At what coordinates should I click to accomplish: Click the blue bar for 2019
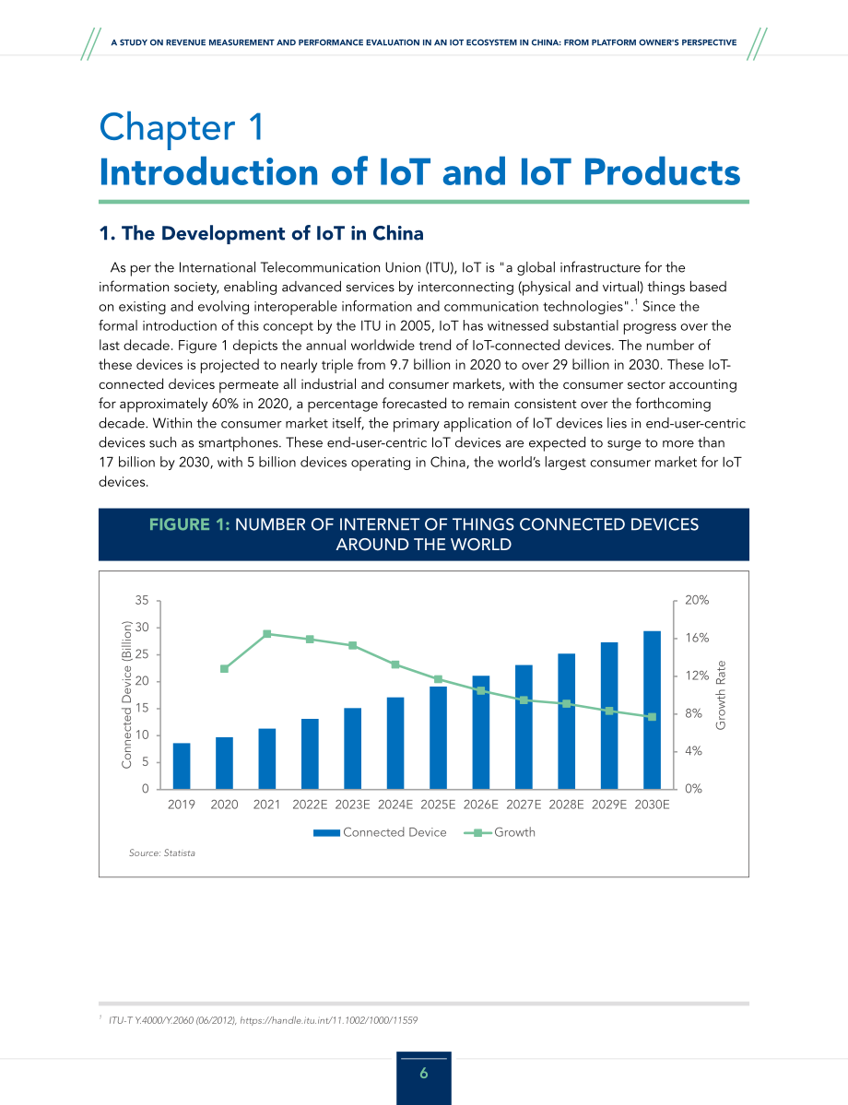(182, 766)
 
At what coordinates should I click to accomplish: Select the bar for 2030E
(652, 711)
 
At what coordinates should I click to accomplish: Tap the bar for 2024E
(395, 744)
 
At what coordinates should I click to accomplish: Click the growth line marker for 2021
(267, 634)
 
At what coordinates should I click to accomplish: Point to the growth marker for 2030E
(652, 717)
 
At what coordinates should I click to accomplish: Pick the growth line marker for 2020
(224, 669)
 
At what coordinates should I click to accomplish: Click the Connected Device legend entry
(380, 832)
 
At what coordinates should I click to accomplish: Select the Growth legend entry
(500, 832)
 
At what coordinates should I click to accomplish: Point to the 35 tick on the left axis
(142, 600)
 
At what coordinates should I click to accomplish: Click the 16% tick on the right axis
(697, 638)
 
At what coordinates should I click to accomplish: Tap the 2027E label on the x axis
(524, 804)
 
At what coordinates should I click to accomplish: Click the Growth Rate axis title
(721, 695)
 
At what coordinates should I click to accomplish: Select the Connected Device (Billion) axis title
(127, 694)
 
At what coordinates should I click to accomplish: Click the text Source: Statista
(162, 852)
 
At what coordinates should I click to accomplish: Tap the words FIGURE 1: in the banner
(190, 524)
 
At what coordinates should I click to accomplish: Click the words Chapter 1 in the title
(182, 127)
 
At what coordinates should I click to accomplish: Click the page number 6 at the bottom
(424, 1074)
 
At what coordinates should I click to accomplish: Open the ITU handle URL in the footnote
(328, 1019)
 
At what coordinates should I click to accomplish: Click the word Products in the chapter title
(662, 172)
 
